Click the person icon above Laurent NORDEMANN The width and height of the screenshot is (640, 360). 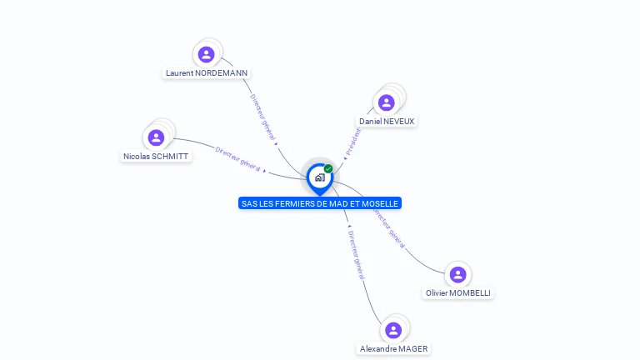pos(207,54)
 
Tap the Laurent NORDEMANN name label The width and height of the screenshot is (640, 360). pos(207,73)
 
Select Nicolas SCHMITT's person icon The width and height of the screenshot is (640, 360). pos(156,137)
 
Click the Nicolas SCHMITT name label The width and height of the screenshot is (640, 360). pos(156,157)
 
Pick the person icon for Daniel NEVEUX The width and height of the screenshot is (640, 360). pos(386,102)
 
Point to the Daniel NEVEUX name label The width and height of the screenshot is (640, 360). pos(387,122)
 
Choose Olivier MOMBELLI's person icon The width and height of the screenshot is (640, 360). pos(457,274)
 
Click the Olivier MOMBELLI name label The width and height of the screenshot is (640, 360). pos(458,293)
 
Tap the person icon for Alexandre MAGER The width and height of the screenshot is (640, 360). pos(394,330)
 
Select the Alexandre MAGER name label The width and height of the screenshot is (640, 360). pos(395,349)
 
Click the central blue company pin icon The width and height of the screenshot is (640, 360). pos(319,177)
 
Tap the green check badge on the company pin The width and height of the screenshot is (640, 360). pos(328,168)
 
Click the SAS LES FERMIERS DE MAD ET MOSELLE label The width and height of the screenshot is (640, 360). pos(320,203)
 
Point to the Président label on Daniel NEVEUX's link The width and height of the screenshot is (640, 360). pos(353,140)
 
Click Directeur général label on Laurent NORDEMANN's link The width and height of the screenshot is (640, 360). pos(263,117)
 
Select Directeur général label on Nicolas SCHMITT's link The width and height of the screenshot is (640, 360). pos(238,159)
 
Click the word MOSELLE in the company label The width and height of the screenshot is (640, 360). pos(382,203)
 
